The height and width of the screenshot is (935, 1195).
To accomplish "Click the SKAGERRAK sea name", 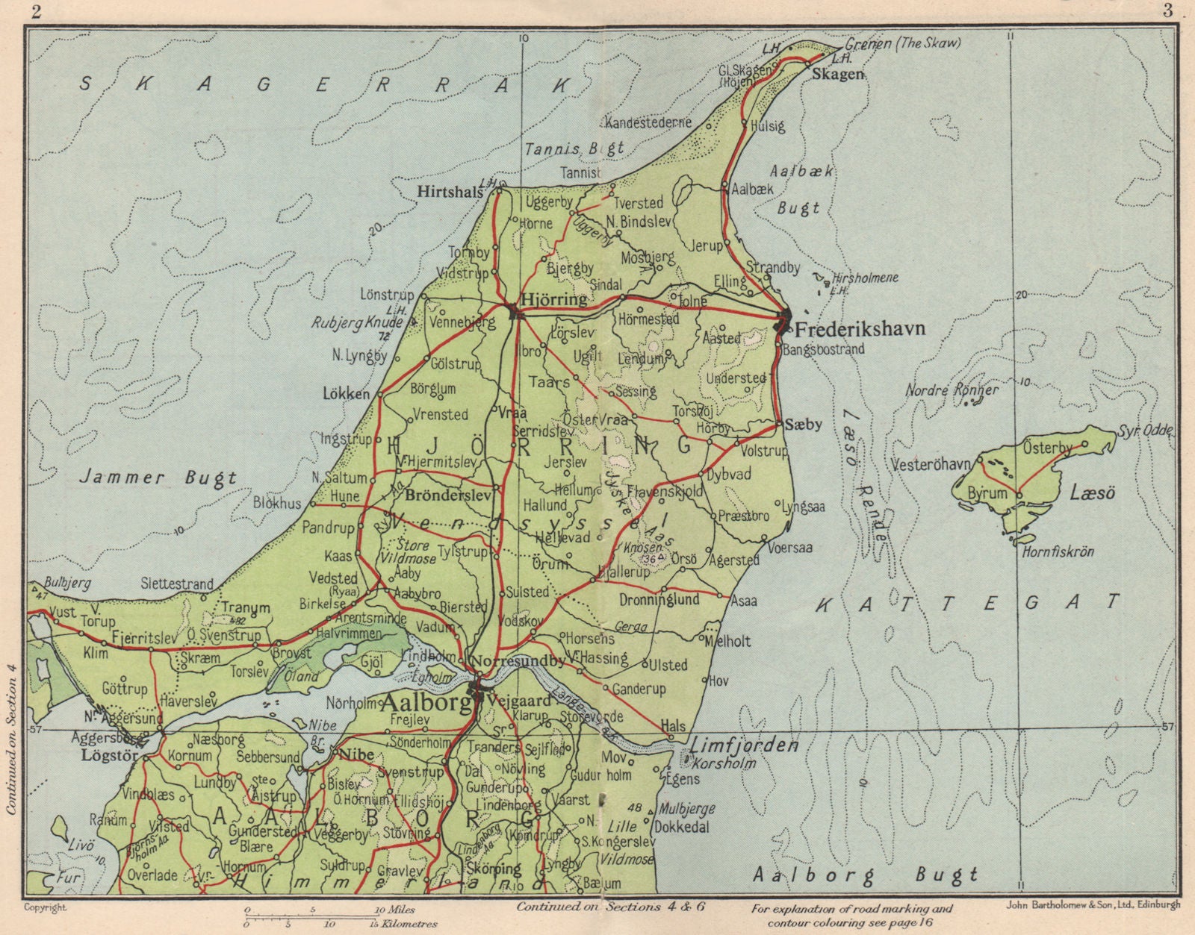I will click(x=329, y=84).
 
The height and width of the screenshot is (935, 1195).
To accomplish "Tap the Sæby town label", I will click(x=804, y=424).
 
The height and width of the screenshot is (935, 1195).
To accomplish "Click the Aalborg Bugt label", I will click(x=865, y=875).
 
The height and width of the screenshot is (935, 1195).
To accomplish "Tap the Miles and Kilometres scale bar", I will click(x=329, y=916).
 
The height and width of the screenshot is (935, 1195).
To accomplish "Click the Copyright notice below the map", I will click(x=46, y=908).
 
